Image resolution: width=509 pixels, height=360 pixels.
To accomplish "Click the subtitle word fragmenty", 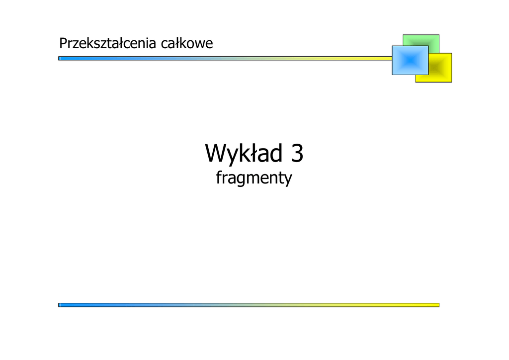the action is (x=254, y=178).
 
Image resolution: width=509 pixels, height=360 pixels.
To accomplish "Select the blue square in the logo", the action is (x=410, y=60).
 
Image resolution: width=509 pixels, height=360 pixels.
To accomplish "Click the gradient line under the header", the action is (x=224, y=58).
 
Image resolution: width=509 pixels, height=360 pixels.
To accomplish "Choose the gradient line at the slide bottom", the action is (x=249, y=305).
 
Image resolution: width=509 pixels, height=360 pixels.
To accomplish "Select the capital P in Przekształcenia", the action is (x=63, y=44).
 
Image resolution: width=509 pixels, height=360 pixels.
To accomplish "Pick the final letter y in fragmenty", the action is (x=288, y=180).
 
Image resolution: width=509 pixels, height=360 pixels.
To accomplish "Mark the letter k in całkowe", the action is (x=182, y=44).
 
